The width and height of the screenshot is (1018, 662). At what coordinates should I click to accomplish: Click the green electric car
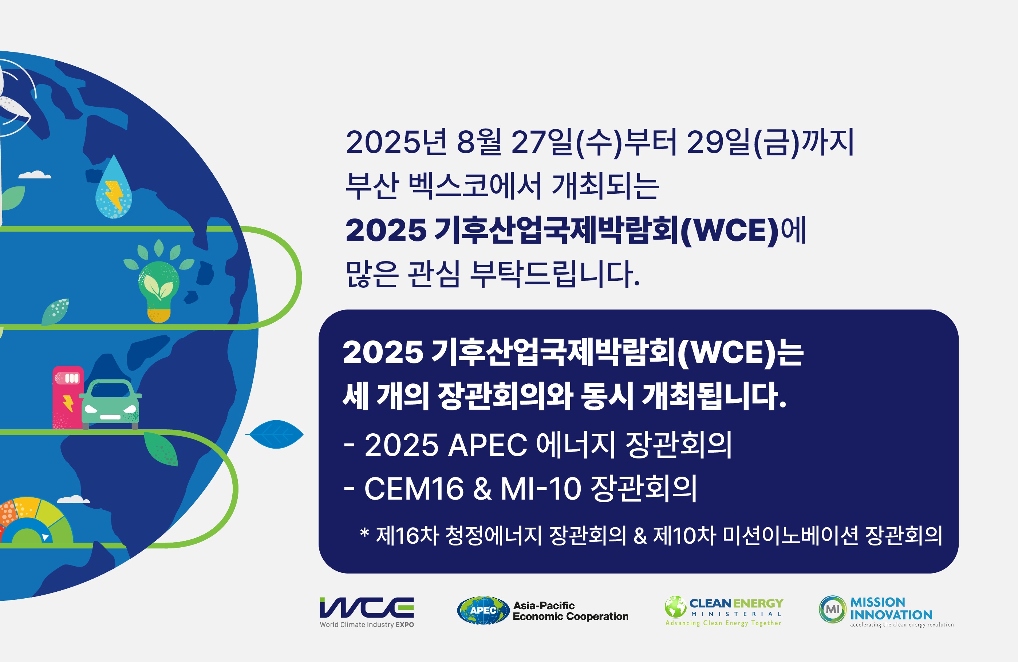point(110,404)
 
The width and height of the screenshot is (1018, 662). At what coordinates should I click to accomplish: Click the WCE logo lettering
point(367,608)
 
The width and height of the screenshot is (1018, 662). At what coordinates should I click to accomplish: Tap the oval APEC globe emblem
point(483,610)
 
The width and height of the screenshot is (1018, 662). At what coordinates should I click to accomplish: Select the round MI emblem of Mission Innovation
point(832,609)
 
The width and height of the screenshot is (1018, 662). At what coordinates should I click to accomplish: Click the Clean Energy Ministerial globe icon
point(676,606)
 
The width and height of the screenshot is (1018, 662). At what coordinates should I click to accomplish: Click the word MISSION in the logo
point(878,602)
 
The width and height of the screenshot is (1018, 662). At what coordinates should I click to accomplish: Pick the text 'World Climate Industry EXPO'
point(367,625)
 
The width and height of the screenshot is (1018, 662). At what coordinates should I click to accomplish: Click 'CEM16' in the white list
point(414,488)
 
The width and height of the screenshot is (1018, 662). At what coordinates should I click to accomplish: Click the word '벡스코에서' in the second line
point(475,186)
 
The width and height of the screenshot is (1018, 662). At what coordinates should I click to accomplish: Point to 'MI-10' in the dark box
point(541,488)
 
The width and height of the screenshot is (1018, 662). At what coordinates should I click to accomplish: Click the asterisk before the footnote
point(364,533)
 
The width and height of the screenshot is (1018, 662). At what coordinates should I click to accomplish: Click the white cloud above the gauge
point(73,499)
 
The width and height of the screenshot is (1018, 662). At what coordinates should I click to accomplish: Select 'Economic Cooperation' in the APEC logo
point(571,616)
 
